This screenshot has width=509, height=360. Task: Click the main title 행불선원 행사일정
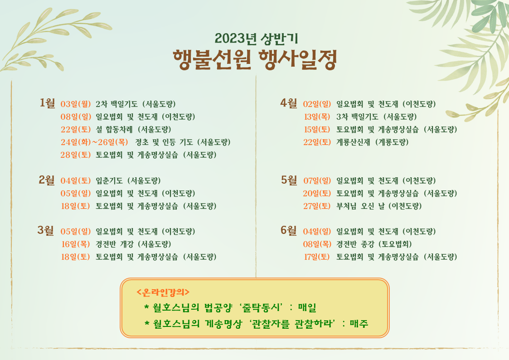pyautogui.click(x=255, y=60)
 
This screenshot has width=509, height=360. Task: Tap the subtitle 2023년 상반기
pyautogui.click(x=256, y=39)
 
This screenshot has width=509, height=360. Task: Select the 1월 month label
pyautogui.click(x=48, y=103)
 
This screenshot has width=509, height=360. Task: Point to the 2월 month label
pyautogui.click(x=47, y=180)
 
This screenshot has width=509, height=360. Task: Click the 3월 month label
pyautogui.click(x=46, y=230)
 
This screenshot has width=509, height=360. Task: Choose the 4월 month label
pyautogui.click(x=289, y=103)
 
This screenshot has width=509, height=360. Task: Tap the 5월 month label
pyautogui.click(x=289, y=180)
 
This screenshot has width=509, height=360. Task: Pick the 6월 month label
pyautogui.click(x=289, y=230)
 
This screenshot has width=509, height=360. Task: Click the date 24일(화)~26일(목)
pyautogui.click(x=94, y=142)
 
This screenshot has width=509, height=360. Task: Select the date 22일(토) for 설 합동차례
pyautogui.click(x=76, y=130)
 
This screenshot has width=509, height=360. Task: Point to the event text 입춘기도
pyautogui.click(x=109, y=180)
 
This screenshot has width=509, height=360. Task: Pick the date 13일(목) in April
pyautogui.click(x=317, y=117)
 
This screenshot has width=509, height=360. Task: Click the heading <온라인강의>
pyautogui.click(x=163, y=292)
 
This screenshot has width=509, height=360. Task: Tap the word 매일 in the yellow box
pyautogui.click(x=307, y=307)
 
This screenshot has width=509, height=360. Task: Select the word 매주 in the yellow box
pyautogui.click(x=359, y=323)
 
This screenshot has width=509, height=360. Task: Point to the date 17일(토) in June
pyautogui.click(x=317, y=257)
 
